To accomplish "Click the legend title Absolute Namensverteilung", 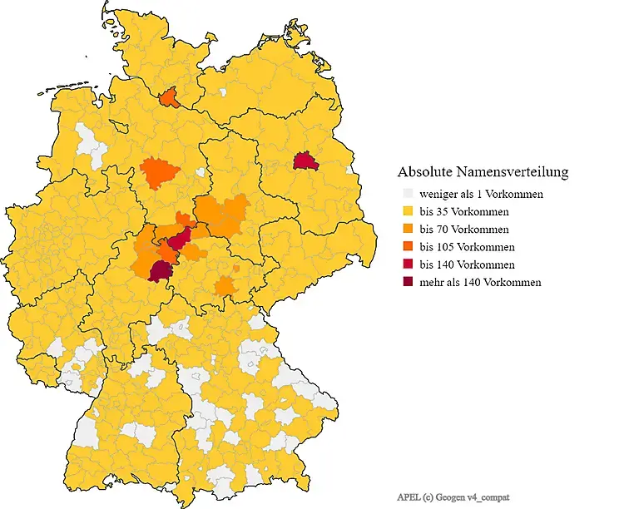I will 483,172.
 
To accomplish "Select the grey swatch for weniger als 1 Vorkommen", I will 406,195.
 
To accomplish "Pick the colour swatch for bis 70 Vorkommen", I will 406,230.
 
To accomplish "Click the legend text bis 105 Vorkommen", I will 467,247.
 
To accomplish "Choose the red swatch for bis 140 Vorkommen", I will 406,264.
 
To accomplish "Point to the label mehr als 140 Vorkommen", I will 480,282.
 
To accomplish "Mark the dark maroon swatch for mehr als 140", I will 406,282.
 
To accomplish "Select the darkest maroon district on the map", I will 160,270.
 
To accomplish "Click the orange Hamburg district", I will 169,98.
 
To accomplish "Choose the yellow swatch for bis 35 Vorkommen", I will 406,212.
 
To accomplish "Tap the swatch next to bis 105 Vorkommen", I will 406,247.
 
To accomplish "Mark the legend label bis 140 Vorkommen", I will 467,264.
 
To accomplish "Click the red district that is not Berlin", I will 179,241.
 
